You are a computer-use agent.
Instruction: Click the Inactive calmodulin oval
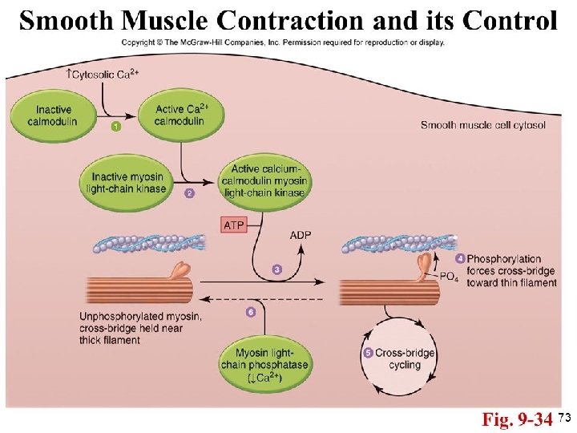pyautogui.click(x=54, y=115)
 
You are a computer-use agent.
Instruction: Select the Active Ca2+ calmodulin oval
pyautogui.click(x=180, y=115)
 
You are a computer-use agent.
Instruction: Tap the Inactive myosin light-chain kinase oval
pyautogui.click(x=128, y=182)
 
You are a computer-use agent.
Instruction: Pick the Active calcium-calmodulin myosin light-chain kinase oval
pyautogui.click(x=267, y=181)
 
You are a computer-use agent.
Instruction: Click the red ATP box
pyautogui.click(x=233, y=225)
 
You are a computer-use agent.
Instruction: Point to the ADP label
pyautogui.click(x=301, y=235)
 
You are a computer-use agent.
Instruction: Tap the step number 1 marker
pyautogui.click(x=116, y=127)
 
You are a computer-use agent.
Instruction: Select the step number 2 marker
pyautogui.click(x=190, y=193)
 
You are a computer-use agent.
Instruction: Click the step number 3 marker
pyautogui.click(x=276, y=269)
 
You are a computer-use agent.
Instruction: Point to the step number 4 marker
pyautogui.click(x=460, y=258)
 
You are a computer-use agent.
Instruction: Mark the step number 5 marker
pyautogui.click(x=368, y=353)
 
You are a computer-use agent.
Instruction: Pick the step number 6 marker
pyautogui.click(x=251, y=312)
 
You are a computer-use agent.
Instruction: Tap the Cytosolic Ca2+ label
pyautogui.click(x=103, y=76)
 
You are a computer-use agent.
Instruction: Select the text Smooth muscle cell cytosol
pyautogui.click(x=482, y=124)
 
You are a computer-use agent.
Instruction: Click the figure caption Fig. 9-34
pyautogui.click(x=516, y=419)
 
